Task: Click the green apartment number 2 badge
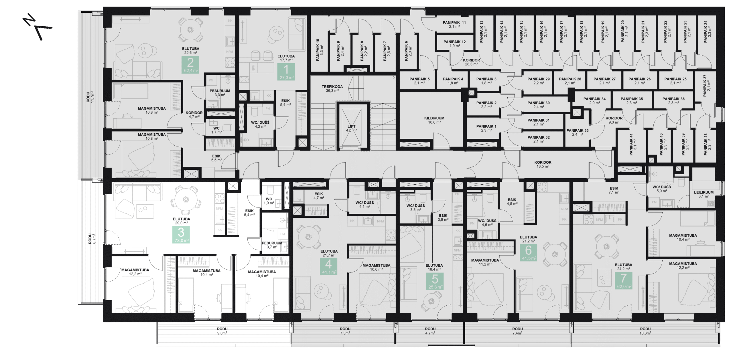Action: click(x=190, y=64)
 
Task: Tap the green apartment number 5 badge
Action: click(x=435, y=281)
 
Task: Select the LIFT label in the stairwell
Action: click(x=351, y=128)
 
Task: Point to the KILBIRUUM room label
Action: click(x=434, y=120)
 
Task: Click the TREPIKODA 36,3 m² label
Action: click(x=332, y=88)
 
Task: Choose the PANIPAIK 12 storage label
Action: click(x=454, y=43)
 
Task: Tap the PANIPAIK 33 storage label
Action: click(x=577, y=132)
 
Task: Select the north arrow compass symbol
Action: click(x=37, y=28)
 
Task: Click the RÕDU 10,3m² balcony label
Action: click(x=645, y=331)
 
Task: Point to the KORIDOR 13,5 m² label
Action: click(x=543, y=164)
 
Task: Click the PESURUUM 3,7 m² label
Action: click(x=272, y=245)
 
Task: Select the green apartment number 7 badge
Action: click(x=623, y=280)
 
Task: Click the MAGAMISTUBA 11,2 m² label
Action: click(x=485, y=262)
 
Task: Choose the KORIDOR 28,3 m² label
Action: click(x=471, y=62)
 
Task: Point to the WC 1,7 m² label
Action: click(x=216, y=130)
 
